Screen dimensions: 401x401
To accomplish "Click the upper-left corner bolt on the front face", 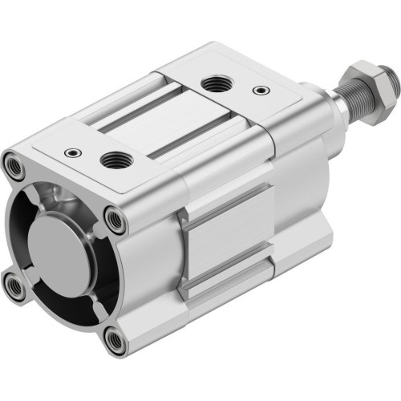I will (x=15, y=164).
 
